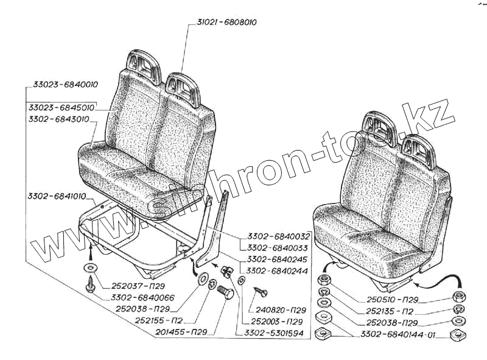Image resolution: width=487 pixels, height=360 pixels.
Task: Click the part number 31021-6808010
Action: point(226,23)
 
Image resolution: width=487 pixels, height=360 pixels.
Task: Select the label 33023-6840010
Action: point(63,84)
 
